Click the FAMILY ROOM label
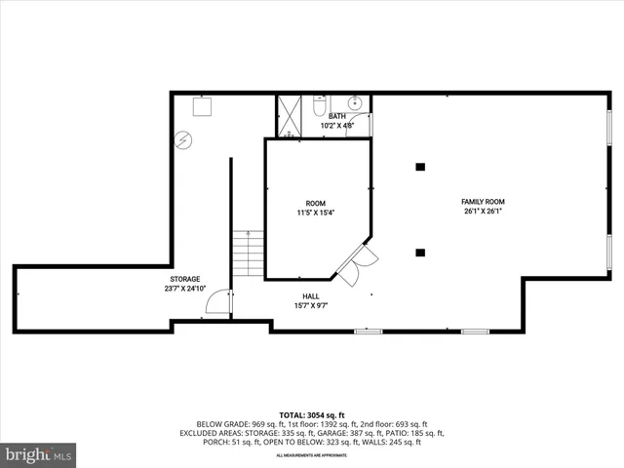coord(483,202)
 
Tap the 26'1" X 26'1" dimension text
coord(483,212)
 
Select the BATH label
coord(336,116)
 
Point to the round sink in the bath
coord(355,102)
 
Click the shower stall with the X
coord(289,114)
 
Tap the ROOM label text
coord(317,203)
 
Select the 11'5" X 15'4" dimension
coord(317,213)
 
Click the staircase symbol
coord(249,253)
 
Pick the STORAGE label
coord(185,279)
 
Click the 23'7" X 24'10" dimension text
coord(185,289)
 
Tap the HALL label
coord(311,296)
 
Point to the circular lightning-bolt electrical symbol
coord(183,139)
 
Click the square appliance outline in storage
coord(203,104)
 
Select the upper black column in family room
coord(420,167)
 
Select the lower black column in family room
coord(420,253)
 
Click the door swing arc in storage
coord(218,304)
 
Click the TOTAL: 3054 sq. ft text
coord(311,414)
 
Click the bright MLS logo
coord(38,454)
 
